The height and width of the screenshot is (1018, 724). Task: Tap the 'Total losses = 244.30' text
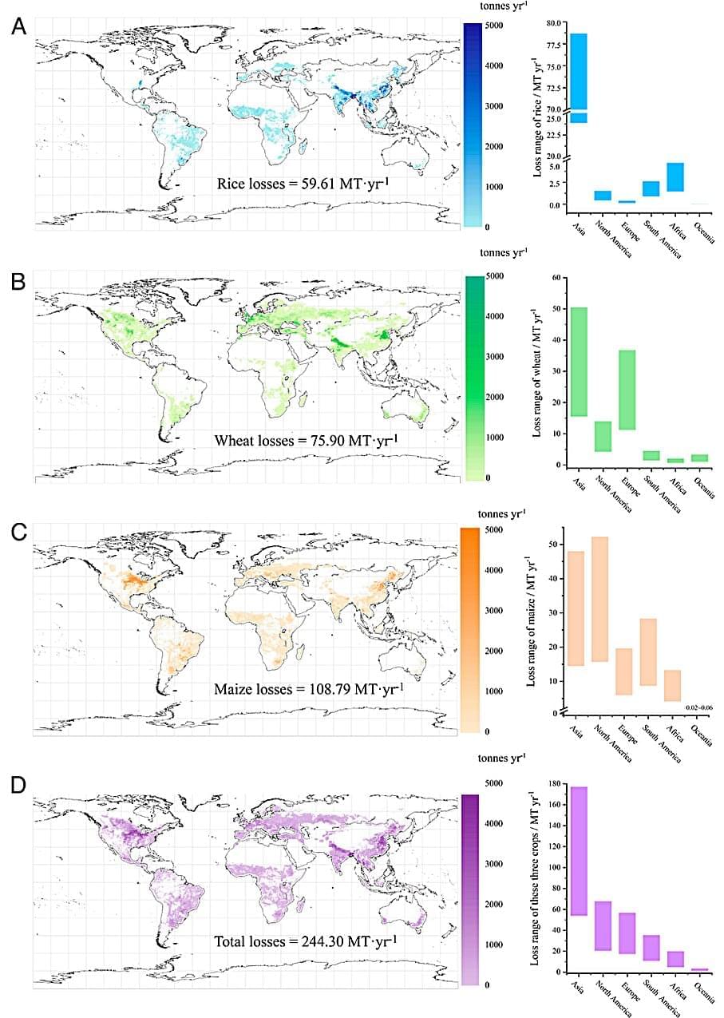click(x=307, y=941)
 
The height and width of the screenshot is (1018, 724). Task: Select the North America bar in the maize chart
click(x=599, y=599)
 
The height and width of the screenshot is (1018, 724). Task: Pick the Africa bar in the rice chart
click(x=675, y=177)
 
